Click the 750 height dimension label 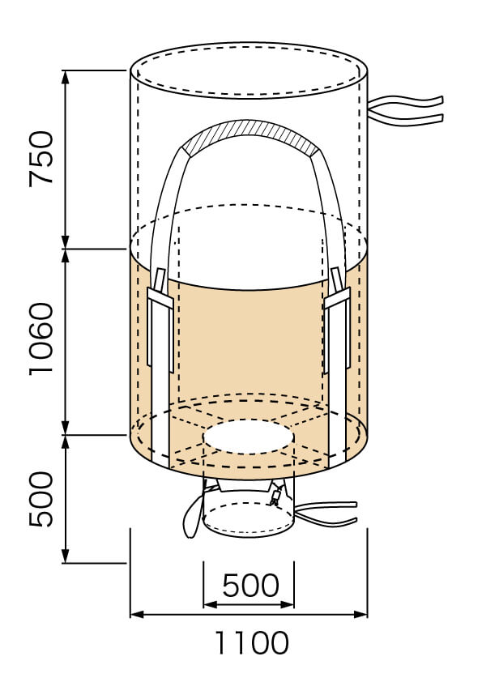pos(41,159)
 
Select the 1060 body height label pos(41,339)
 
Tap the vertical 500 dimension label pos(41,499)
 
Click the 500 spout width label pos(250,585)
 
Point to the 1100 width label pos(251,642)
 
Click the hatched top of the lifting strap pos(250,136)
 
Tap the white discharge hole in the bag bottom pos(250,437)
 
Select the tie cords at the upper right pos(407,111)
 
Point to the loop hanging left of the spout pos(192,518)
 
